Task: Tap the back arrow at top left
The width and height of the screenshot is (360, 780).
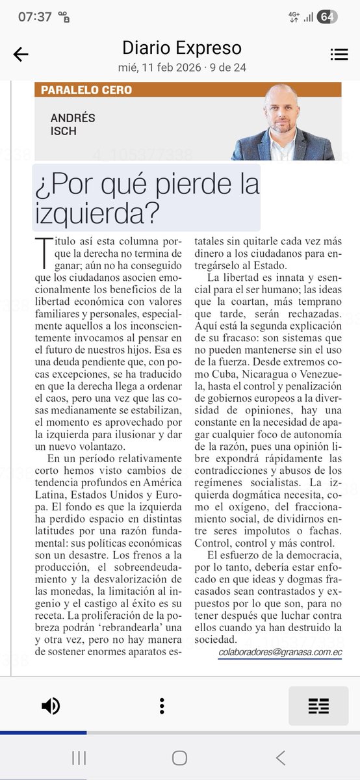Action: [21, 55]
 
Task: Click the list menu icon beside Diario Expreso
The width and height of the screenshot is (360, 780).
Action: [339, 55]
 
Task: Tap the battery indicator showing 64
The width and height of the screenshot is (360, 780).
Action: [327, 17]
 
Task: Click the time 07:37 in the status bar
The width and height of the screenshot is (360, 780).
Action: [34, 17]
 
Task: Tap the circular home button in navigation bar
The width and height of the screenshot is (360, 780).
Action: [180, 757]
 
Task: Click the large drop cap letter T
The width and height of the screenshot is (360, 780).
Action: [45, 248]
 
